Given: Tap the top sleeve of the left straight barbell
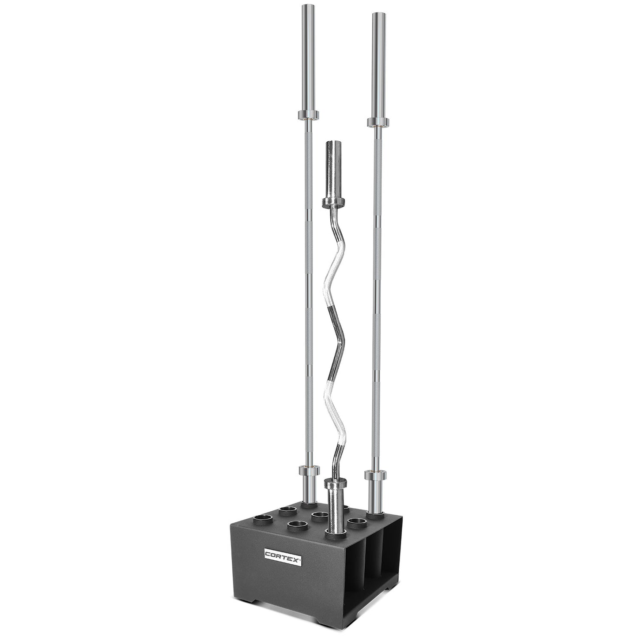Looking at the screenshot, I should [307, 57].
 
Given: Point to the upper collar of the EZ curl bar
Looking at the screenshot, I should [334, 202].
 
